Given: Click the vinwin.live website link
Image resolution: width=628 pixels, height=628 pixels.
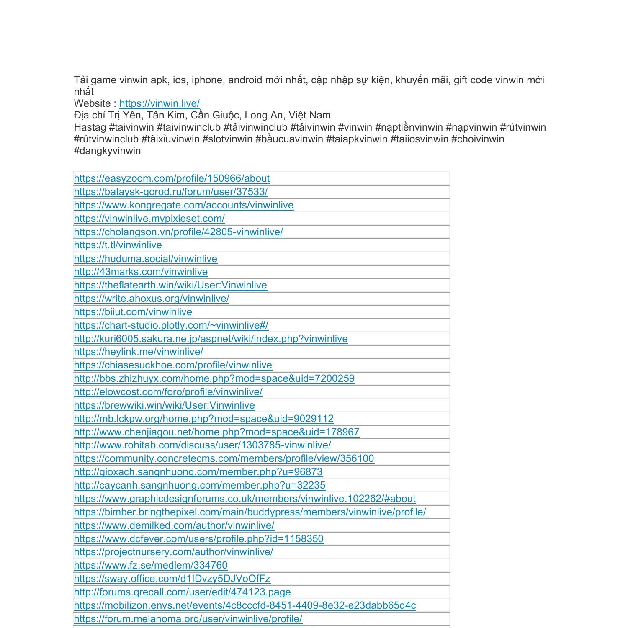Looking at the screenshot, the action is tap(159, 103).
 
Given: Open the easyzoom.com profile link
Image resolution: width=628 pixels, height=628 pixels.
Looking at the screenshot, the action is tap(172, 178).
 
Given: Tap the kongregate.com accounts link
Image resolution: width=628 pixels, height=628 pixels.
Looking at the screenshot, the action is tap(184, 205).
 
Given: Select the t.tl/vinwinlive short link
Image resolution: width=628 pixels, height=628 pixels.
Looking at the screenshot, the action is tap(118, 245).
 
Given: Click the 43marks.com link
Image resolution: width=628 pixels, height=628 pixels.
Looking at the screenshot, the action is tap(141, 272).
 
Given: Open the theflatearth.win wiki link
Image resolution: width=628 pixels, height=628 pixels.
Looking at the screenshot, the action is tap(170, 285).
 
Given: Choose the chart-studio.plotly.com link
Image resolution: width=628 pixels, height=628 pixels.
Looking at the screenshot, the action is tap(171, 325).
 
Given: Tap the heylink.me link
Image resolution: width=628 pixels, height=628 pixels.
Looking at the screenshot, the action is tap(139, 352).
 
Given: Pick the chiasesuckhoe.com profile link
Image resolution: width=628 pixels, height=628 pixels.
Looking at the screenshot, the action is tap(173, 365).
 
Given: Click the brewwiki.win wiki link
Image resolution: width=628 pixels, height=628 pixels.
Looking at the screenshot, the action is tap(164, 405).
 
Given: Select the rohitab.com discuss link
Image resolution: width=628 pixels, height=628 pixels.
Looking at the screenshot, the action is tap(202, 445).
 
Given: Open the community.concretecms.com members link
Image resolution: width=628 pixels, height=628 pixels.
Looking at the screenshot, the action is tap(224, 458).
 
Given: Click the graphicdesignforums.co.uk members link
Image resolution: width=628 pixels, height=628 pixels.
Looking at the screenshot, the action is tap(245, 499).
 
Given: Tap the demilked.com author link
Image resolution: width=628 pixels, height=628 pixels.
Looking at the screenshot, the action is tap(174, 525).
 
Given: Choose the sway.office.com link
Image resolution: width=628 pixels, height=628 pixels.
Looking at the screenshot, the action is tap(172, 579).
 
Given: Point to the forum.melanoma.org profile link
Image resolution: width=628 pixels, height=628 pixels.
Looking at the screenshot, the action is tap(188, 619).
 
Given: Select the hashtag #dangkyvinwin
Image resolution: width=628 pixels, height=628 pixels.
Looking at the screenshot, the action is tap(107, 151).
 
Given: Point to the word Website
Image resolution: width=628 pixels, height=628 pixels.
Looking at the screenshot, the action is tap(93, 103).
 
